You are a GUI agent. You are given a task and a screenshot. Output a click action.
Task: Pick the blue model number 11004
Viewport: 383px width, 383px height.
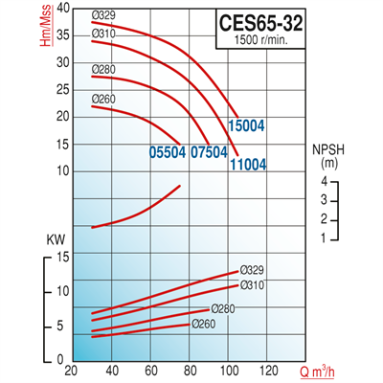[247, 164]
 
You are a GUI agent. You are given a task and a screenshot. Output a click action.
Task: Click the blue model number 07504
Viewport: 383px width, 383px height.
[208, 151]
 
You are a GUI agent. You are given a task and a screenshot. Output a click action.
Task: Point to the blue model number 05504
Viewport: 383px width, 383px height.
[168, 151]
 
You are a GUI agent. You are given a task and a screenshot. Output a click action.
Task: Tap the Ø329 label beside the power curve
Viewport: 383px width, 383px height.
[252, 269]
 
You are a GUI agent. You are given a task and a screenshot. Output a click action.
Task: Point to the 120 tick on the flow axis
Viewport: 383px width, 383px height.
[268, 371]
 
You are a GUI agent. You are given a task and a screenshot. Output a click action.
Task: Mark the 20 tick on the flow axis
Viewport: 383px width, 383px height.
[70, 371]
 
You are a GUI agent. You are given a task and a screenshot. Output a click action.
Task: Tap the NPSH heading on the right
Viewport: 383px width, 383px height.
[331, 150]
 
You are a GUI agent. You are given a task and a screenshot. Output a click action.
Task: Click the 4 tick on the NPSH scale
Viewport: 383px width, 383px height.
[325, 181]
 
